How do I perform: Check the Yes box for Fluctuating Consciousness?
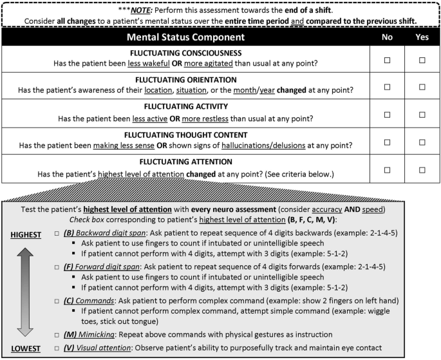coord(422,60)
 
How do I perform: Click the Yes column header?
coord(422,37)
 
